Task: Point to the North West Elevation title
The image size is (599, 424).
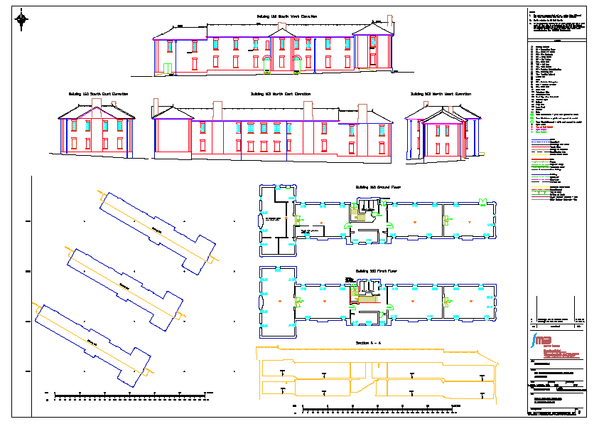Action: [x=441, y=94]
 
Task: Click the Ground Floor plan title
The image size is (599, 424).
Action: [x=375, y=188]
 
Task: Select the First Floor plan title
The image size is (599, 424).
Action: [x=374, y=272]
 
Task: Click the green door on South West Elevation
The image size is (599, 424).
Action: [x=168, y=68]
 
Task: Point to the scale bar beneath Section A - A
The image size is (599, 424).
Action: [x=377, y=410]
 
